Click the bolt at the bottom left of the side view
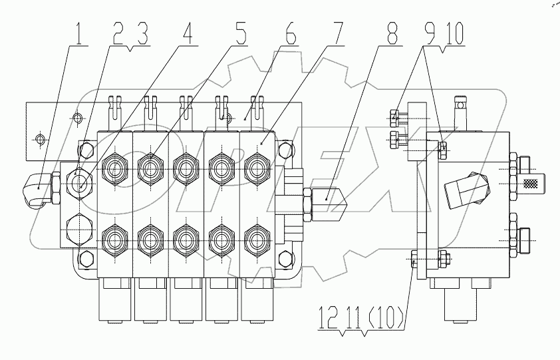[x=415, y=260]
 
